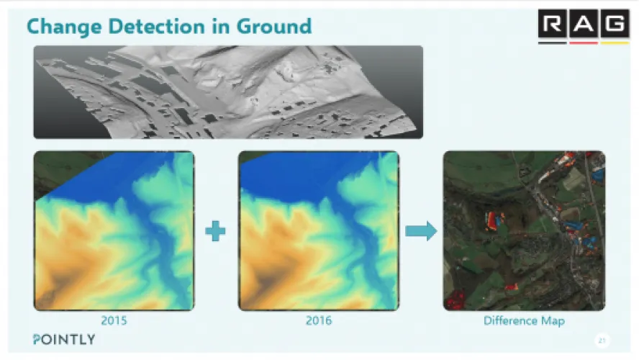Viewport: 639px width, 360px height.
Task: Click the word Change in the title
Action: tap(64, 27)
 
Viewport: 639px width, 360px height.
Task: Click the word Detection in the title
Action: tap(156, 27)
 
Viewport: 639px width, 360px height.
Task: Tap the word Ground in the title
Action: tap(274, 27)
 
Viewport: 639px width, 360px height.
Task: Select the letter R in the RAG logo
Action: tap(552, 24)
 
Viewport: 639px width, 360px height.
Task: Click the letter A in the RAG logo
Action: tap(584, 24)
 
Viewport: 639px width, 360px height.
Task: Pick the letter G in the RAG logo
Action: tap(615, 24)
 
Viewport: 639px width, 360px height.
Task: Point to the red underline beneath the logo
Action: tap(584, 42)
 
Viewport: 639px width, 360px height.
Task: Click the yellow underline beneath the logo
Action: tap(615, 42)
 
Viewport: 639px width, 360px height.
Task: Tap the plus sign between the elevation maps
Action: tap(215, 231)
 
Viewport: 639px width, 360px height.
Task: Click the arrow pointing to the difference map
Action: tap(421, 231)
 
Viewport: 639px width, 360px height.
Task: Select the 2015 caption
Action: tap(114, 320)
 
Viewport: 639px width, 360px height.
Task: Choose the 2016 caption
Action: tap(319, 320)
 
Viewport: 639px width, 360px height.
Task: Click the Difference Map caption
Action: tap(524, 321)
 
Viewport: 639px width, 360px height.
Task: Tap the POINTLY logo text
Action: tap(64, 340)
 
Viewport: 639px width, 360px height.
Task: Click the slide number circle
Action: tap(602, 341)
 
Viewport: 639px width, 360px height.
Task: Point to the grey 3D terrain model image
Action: tap(228, 92)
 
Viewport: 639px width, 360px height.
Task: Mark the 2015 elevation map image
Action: tap(114, 230)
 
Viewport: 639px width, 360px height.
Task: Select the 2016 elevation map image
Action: tap(319, 230)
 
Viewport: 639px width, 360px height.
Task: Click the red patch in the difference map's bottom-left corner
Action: tap(455, 299)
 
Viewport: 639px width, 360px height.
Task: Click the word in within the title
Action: tap(220, 27)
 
